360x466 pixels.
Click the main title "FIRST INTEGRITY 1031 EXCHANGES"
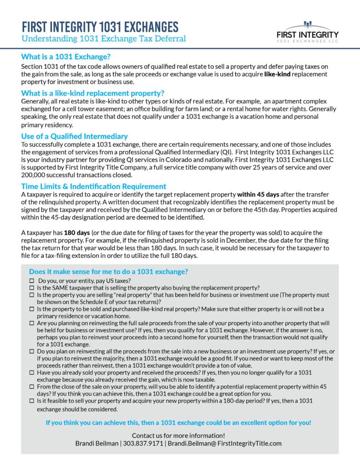(x=100, y=26)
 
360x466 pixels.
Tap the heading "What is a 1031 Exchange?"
(x=66, y=57)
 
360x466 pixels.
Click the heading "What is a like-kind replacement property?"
(x=92, y=93)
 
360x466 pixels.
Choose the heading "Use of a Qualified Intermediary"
(x=74, y=136)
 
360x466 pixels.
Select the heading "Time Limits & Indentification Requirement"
(x=93, y=186)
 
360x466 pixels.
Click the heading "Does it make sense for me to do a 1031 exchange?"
(x=108, y=272)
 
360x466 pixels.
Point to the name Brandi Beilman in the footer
(x=97, y=443)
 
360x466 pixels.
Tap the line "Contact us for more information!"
(x=178, y=436)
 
